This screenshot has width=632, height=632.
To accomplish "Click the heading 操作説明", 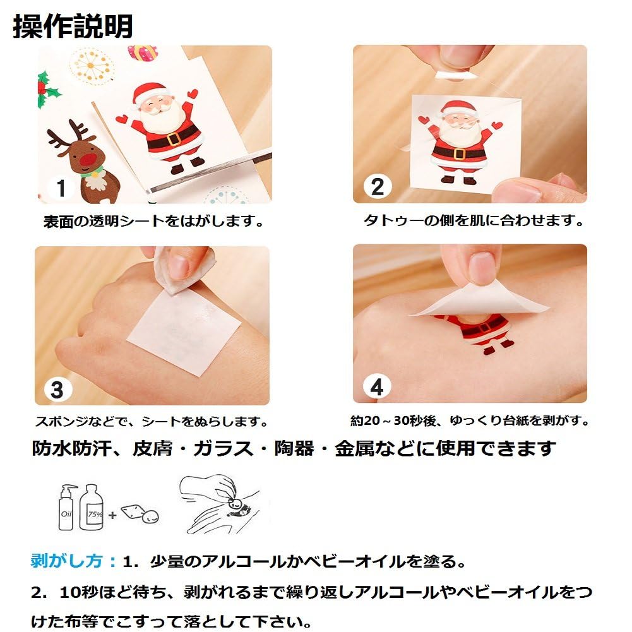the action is (x=73, y=27).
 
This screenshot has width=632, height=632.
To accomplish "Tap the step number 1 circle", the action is (x=61, y=188).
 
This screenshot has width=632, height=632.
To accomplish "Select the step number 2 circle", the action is (x=378, y=187).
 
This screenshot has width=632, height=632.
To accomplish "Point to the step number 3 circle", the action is (x=57, y=390).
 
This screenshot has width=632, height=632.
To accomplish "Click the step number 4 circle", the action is (x=377, y=387).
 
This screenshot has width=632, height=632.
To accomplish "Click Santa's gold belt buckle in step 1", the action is (x=174, y=139).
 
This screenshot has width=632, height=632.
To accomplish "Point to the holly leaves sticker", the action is (x=47, y=90).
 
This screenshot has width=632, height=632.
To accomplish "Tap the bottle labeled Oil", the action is (x=67, y=508).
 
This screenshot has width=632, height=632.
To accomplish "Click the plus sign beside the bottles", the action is (x=112, y=515).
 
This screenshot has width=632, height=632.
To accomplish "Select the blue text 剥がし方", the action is (x=67, y=561).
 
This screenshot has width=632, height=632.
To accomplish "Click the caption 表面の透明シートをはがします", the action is (x=153, y=221).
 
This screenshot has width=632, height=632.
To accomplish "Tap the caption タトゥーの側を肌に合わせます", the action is (x=473, y=220).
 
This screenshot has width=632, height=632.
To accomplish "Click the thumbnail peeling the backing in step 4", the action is (x=470, y=323).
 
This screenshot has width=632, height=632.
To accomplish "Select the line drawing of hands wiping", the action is (x=219, y=504).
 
